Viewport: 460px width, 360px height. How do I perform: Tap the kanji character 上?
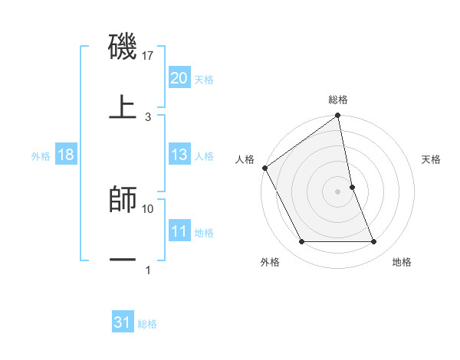click(123, 107)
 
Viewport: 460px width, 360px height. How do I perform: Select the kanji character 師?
click(123, 200)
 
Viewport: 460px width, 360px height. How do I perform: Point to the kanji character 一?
click(123, 260)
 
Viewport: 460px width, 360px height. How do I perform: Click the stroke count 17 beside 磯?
click(149, 56)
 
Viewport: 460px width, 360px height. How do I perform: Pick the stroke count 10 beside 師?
click(149, 208)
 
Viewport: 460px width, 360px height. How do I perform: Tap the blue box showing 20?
click(179, 77)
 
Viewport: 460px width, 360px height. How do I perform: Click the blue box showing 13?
click(179, 155)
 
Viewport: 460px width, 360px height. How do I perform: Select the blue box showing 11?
click(179, 231)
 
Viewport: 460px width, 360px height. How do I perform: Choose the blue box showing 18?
click(66, 155)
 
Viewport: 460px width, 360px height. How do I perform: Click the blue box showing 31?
click(122, 323)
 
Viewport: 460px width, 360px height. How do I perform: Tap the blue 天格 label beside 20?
click(204, 79)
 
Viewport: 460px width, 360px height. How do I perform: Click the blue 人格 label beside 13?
click(204, 156)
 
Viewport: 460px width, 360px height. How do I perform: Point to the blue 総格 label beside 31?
click(147, 325)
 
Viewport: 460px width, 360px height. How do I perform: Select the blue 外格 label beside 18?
click(41, 156)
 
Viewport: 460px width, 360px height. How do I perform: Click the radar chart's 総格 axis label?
click(338, 100)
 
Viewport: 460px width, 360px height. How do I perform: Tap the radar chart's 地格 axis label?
click(402, 262)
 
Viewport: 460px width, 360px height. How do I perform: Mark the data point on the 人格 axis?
click(264, 168)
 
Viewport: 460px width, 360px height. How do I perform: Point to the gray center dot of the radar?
click(338, 191)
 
